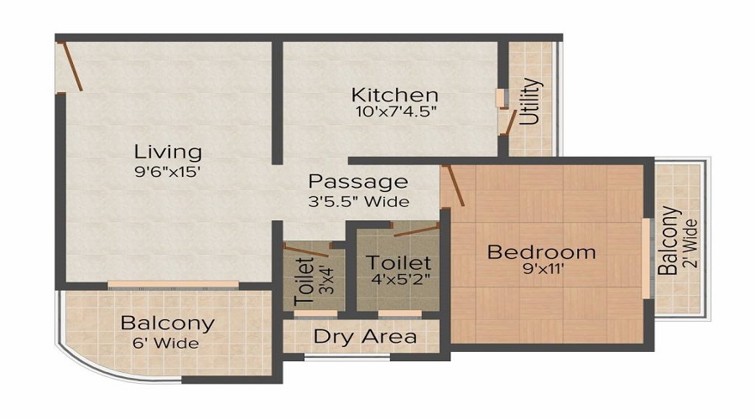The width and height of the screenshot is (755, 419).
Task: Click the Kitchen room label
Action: click(394, 95)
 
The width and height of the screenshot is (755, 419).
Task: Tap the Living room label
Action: click(169, 153)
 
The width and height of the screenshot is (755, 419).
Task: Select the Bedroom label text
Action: click(542, 251)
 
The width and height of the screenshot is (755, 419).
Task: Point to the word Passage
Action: click(358, 181)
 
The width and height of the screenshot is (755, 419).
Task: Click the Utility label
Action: click(530, 102)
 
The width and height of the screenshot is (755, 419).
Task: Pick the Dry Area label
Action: click(365, 337)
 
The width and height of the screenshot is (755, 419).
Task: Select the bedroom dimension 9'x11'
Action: click(542, 270)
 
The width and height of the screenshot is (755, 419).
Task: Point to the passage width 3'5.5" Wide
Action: click(358, 201)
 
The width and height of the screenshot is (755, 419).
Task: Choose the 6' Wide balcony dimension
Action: click(167, 343)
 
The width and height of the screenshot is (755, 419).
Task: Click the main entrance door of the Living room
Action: click(70, 67)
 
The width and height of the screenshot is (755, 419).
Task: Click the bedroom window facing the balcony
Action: click(647, 257)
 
